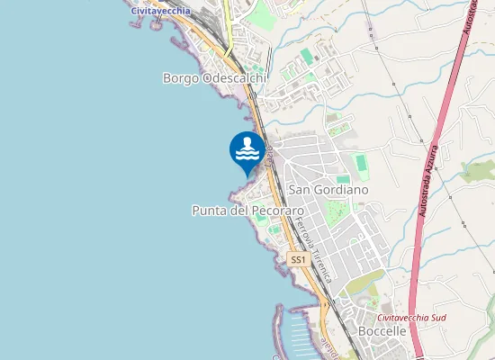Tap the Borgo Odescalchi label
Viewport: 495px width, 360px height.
pos(214,78)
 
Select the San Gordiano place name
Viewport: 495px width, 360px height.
pos(328,191)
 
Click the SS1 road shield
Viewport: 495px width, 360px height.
pos(299,259)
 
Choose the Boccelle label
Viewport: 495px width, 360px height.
pos(382,331)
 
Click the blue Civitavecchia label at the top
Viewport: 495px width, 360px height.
pos(160,10)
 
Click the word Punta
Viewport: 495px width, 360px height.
pos(208,211)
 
